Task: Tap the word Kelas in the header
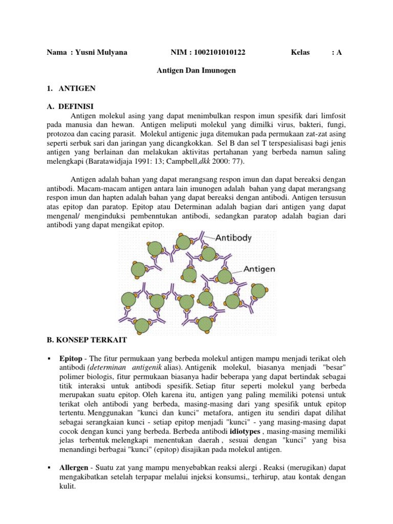[x=300, y=52]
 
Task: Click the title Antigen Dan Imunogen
[x=196, y=71]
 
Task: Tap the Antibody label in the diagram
[x=233, y=237]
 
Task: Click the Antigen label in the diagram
[x=259, y=269]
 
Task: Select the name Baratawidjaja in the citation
[x=113, y=161]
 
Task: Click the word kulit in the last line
[x=68, y=487]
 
